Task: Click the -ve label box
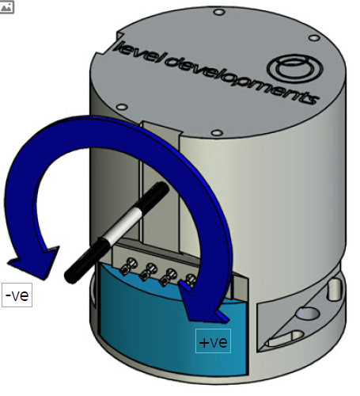(17, 295)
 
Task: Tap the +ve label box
(213, 341)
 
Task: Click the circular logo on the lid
(295, 67)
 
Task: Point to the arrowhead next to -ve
(34, 262)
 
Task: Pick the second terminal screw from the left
(149, 271)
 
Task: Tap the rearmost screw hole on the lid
(218, 12)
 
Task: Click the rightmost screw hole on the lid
(314, 38)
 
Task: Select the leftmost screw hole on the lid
(122, 107)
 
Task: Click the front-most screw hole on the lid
(217, 132)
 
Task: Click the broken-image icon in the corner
(6, 7)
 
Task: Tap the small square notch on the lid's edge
(120, 36)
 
